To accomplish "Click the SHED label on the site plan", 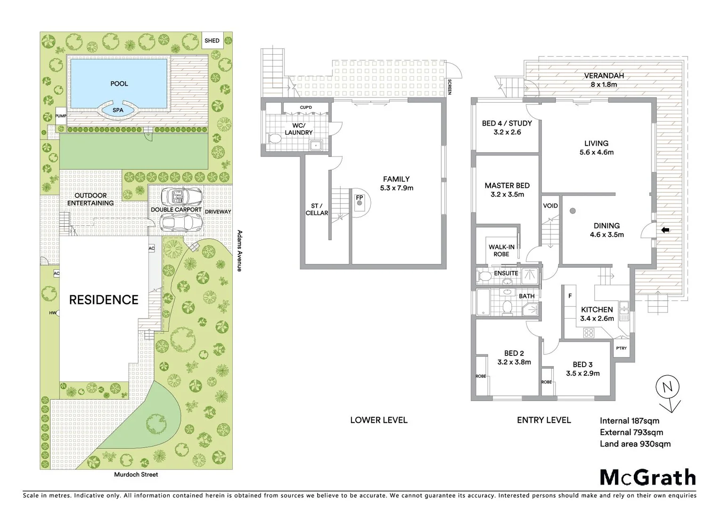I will pos(212,41).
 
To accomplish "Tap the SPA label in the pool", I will pos(118,110).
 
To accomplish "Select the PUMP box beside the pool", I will pos(61,116).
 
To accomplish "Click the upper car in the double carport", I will pos(181,196).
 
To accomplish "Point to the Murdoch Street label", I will pos(136,475).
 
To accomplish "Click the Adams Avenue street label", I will pos(239,250).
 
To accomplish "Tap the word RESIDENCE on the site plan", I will pos(104,300).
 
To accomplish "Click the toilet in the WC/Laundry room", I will pos(274,139).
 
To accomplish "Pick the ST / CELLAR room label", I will pos(317,209).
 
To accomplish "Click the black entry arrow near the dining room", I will pos(665,230).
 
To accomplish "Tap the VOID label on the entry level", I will pos(550,205).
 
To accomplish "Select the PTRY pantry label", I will pos(621,348).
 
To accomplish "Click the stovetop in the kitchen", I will pos(589,333).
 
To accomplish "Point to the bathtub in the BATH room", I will pos(484,302).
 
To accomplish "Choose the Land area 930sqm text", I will pos(635,444).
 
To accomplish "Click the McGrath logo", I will pos(647,477).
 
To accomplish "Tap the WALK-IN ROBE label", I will pos(501,250).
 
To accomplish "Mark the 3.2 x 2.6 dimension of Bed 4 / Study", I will pos(507,132).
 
